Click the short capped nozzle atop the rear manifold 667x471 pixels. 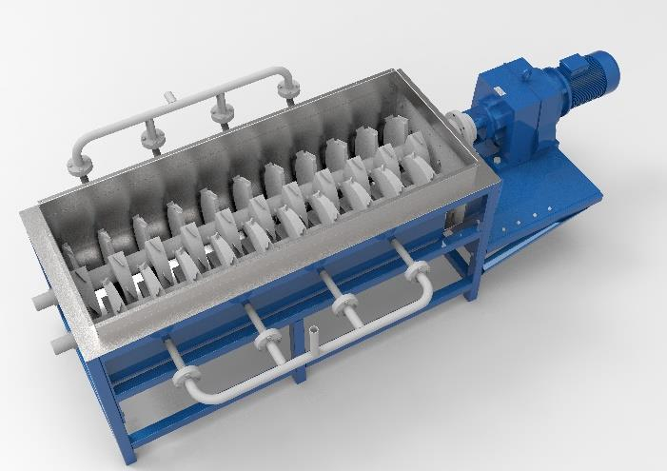pos(167,98)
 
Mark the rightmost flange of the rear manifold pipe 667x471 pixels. pos(286,91)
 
